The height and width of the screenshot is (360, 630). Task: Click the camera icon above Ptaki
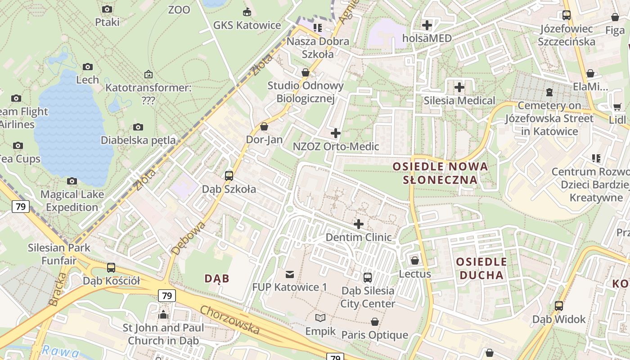click(107, 9)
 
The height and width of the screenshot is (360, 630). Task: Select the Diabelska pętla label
click(138, 140)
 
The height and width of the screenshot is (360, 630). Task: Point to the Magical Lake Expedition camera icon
click(72, 181)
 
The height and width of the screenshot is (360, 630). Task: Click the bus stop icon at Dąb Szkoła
click(229, 176)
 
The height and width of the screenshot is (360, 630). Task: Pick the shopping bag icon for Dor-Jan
click(264, 126)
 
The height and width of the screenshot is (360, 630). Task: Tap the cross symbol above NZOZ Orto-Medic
click(336, 133)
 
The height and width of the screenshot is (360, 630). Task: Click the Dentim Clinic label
click(358, 237)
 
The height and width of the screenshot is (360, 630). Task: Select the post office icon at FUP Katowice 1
click(290, 274)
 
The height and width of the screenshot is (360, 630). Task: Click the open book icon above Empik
click(320, 318)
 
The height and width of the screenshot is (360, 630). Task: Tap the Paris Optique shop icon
click(374, 322)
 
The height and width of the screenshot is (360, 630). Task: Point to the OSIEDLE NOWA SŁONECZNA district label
click(441, 173)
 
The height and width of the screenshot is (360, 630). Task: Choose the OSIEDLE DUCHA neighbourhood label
click(481, 268)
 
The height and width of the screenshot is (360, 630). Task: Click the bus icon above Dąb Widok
click(559, 306)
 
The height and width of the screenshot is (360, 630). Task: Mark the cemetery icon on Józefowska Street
click(549, 92)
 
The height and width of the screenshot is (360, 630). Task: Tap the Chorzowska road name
click(230, 320)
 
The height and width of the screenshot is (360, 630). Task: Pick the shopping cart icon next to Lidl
click(617, 107)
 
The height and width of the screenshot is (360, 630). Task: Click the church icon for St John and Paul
click(163, 314)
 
